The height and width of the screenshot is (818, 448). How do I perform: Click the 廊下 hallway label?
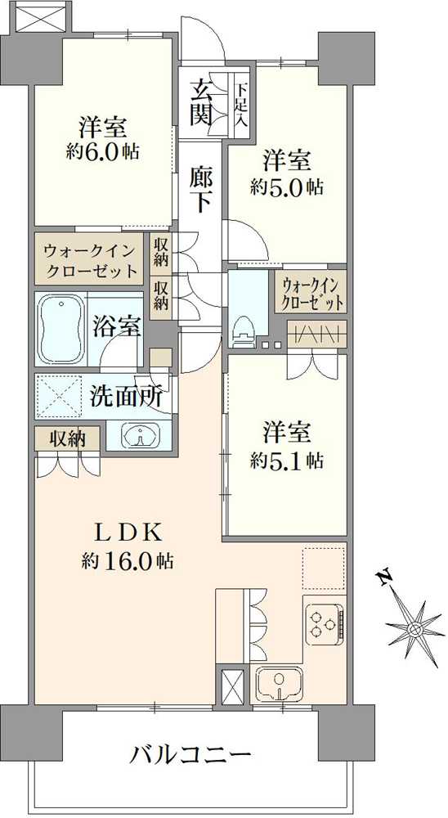pyautogui.click(x=201, y=189)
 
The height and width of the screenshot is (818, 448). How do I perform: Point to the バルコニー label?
pyautogui.click(x=190, y=752)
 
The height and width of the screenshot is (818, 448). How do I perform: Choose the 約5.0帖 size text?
pyautogui.click(x=286, y=187)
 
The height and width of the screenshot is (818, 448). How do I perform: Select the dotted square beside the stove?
pyautogui.click(x=323, y=567)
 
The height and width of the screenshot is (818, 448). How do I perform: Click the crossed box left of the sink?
pyautogui.click(x=230, y=684)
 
